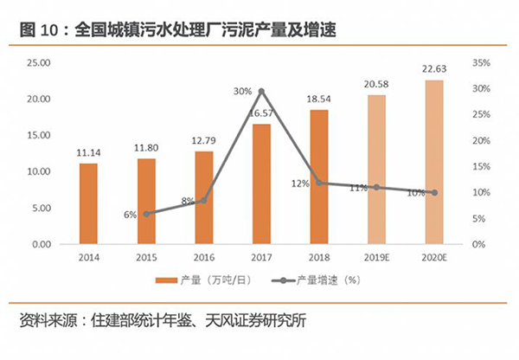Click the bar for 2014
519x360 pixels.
tap(88, 203)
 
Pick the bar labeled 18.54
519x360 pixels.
tap(319, 177)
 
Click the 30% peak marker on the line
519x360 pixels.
tap(261, 91)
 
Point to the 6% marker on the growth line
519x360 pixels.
tap(146, 213)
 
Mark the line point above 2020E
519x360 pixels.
tap(434, 192)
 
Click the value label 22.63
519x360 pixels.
tap(434, 70)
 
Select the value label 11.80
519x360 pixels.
tap(146, 149)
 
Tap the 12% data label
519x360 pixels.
tap(299, 183)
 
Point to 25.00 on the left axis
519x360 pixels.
tap(39, 63)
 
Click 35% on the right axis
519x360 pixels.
tap(482, 63)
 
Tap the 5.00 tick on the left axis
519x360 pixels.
tap(42, 208)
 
